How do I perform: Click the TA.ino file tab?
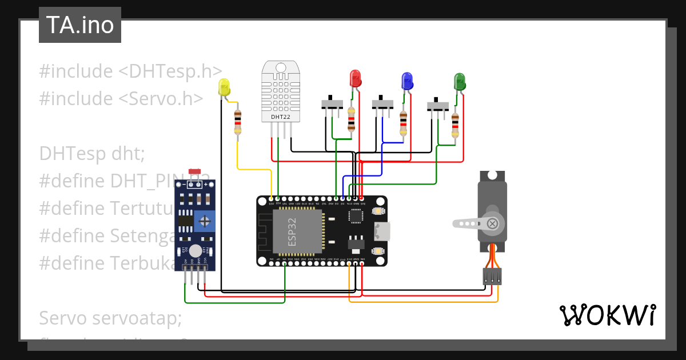(x=79, y=25)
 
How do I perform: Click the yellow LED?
(x=224, y=87)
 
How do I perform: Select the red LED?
(x=355, y=79)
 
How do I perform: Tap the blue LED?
(x=407, y=81)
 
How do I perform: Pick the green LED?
(x=460, y=81)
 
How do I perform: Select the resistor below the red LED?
(x=351, y=122)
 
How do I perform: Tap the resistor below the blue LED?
(x=403, y=123)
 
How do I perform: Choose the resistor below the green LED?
(x=455, y=125)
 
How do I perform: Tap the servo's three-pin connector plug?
(x=492, y=277)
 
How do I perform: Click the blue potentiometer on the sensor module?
(x=205, y=221)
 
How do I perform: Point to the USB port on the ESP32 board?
(x=381, y=231)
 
